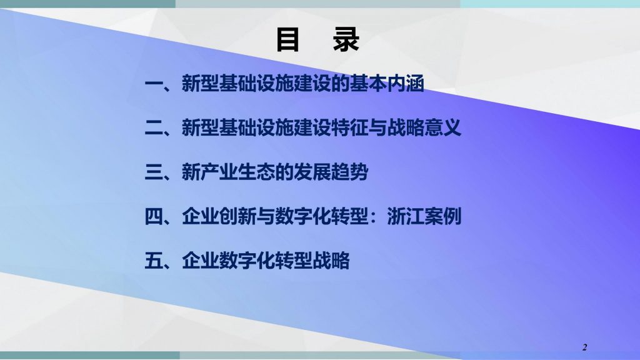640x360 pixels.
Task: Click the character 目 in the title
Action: click(287, 39)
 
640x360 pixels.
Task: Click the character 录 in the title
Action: click(346, 39)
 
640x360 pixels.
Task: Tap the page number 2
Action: click(584, 347)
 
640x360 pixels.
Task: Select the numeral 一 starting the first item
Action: click(154, 84)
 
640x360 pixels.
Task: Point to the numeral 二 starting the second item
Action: click(154, 127)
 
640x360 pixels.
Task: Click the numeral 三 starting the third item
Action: click(154, 172)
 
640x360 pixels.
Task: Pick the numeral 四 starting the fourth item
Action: click(154, 216)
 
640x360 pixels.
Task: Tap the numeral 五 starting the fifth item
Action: click(154, 261)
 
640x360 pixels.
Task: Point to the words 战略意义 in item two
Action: click(424, 127)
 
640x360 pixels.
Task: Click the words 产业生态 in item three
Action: click(237, 172)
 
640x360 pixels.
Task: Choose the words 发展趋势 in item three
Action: click(331, 172)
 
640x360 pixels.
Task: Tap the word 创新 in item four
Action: click(237, 216)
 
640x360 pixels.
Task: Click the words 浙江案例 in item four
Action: click(424, 216)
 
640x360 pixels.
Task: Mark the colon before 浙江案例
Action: click(377, 217)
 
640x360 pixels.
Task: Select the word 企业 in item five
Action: click(201, 261)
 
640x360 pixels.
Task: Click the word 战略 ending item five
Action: click(331, 261)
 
